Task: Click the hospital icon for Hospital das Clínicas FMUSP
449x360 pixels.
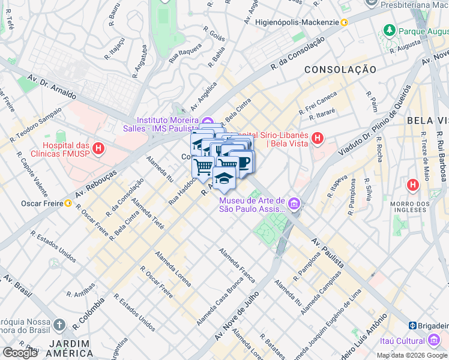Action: (x=98, y=147)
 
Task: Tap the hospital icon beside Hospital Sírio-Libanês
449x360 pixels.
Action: (x=318, y=139)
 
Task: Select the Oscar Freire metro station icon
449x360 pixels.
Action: (x=69, y=203)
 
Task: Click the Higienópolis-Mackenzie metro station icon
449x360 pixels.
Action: (x=345, y=23)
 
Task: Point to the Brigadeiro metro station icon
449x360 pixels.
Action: (x=413, y=325)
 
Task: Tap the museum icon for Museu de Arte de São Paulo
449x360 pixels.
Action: (x=294, y=205)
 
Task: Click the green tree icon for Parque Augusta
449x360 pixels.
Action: (x=390, y=29)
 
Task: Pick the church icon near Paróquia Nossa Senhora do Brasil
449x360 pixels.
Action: (x=58, y=325)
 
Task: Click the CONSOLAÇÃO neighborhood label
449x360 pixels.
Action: (x=340, y=70)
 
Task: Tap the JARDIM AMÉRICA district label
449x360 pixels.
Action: (x=70, y=349)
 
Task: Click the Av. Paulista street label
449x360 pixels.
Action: (x=328, y=252)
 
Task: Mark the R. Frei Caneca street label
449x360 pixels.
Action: (x=318, y=103)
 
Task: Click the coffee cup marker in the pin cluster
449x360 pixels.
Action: (x=243, y=163)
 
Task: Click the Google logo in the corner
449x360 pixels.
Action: (x=20, y=353)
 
